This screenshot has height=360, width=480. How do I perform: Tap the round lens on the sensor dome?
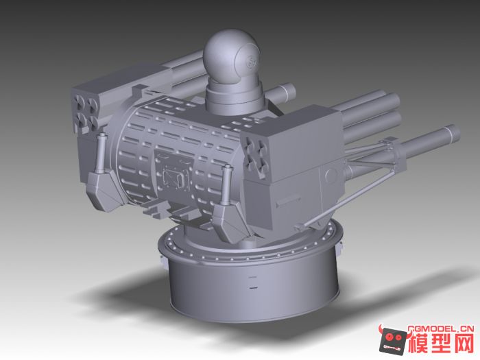coord(249,60)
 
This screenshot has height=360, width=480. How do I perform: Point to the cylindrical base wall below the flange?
coord(254,288)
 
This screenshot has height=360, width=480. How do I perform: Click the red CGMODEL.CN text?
coord(440,328)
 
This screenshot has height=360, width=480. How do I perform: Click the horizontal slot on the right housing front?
coord(289,201)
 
